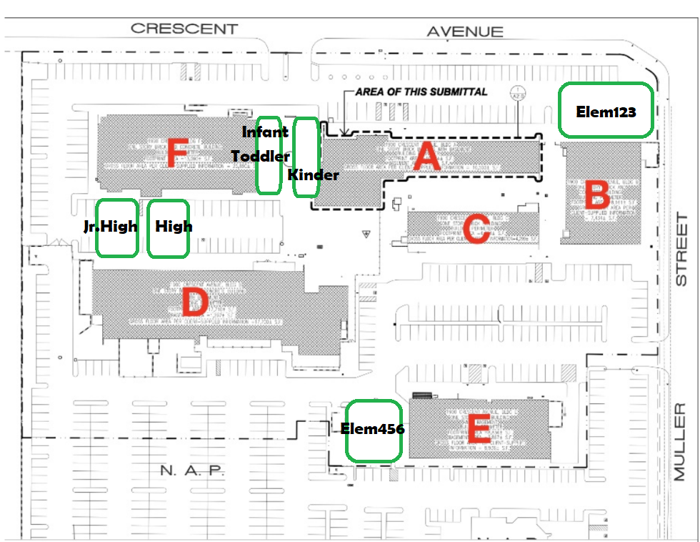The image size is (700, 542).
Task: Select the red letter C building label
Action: [x=476, y=229]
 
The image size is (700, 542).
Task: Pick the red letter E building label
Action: [x=476, y=431]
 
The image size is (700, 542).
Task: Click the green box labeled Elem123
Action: [x=606, y=111]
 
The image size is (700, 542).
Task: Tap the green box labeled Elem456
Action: [x=373, y=430]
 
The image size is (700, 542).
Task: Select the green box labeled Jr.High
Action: [x=117, y=228]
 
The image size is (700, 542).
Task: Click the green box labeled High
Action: [x=169, y=228]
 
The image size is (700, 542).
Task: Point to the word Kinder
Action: [x=313, y=175]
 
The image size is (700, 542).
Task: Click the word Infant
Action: [x=265, y=132]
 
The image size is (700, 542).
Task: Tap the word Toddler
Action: [x=261, y=156]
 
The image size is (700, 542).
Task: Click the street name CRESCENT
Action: [x=184, y=29]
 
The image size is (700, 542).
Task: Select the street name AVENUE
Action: [x=465, y=31]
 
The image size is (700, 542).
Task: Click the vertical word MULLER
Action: [x=680, y=441]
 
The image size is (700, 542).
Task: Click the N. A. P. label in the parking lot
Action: [x=193, y=470]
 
